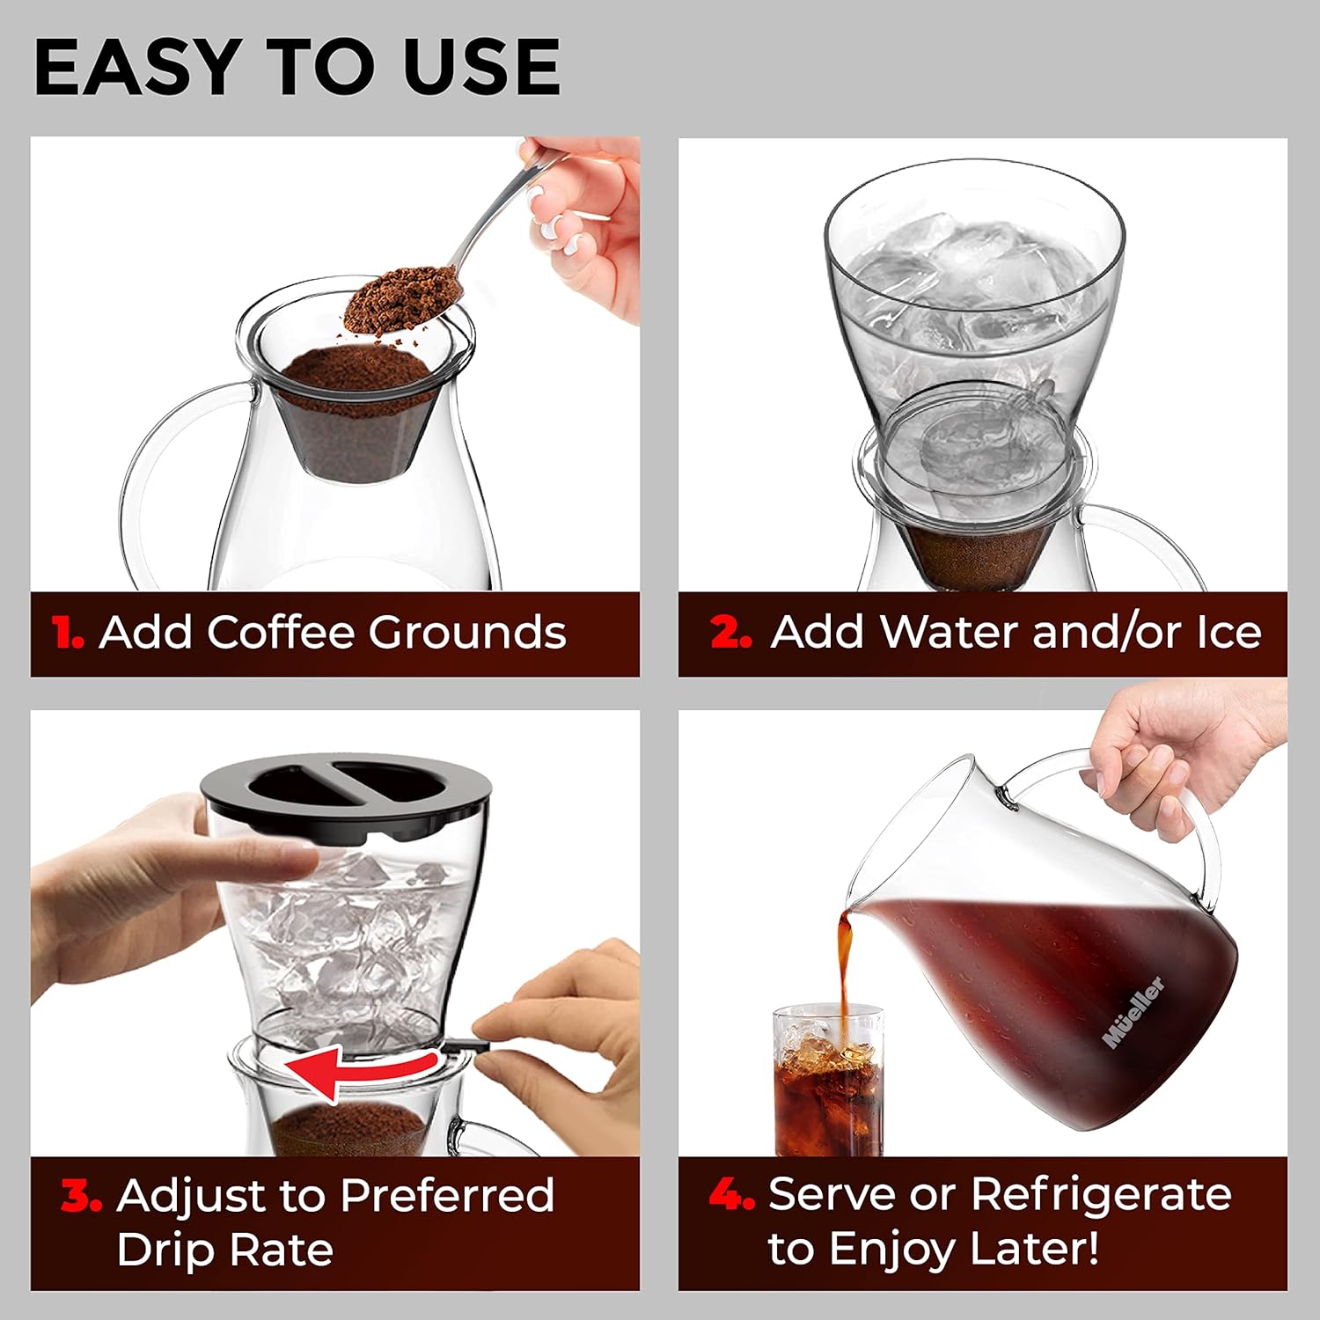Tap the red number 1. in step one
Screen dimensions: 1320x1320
click(68, 633)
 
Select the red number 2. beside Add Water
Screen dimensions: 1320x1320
click(730, 633)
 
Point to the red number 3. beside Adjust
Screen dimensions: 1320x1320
click(82, 1195)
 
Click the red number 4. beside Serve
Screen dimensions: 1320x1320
click(731, 1195)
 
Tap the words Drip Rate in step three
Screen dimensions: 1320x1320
click(225, 1250)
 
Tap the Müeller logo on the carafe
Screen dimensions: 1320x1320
click(1133, 1012)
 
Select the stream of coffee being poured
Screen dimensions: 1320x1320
click(845, 968)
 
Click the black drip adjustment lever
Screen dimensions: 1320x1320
click(466, 1045)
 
